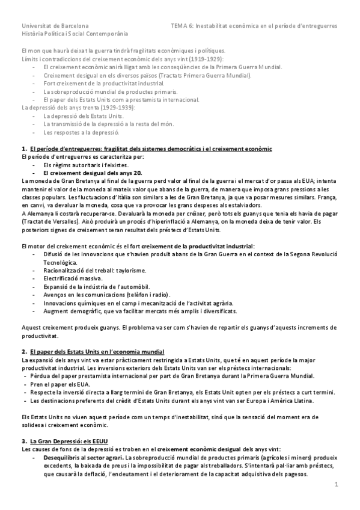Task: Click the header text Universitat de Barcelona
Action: pos(55,26)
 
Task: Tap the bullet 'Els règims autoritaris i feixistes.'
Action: pos(85,164)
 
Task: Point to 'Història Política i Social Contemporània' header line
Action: pos(79,35)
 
